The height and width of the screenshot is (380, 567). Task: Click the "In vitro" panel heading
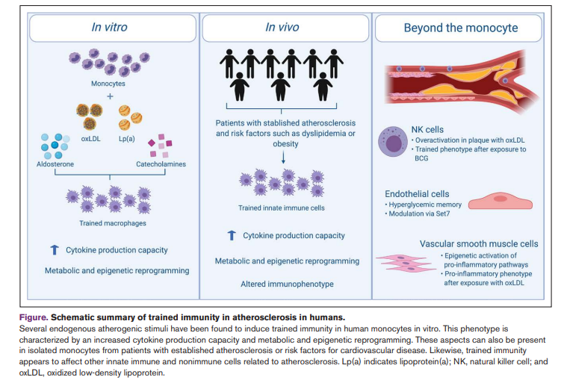coord(109,27)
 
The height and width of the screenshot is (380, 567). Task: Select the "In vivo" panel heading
coord(282,27)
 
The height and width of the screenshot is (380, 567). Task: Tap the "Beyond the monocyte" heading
coord(461,28)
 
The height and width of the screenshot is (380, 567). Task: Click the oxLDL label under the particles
coord(90,139)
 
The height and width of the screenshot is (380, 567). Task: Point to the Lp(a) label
coord(126,139)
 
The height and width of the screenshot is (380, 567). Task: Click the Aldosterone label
coord(55,164)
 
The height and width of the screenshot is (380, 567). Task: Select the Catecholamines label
coord(161,164)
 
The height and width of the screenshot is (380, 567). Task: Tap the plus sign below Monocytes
coord(110,96)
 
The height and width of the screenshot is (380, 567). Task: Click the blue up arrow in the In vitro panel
coord(55,249)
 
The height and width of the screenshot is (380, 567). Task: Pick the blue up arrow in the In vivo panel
coord(232,235)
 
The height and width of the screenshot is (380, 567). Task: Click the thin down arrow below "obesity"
coord(283,157)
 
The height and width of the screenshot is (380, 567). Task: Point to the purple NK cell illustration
coord(393,141)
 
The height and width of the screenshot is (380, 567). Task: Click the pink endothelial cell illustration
coord(501,201)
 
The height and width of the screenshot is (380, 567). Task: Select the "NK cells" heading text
coord(427,130)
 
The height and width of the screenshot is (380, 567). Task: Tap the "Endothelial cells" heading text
coord(417,194)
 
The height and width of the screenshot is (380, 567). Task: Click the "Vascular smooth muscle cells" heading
coord(479,244)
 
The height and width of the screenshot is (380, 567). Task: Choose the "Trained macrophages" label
coord(113,223)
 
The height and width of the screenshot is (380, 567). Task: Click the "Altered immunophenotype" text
coord(287,284)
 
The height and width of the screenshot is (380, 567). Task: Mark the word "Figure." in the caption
coord(34,317)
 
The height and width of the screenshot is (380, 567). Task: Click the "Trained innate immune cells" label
coord(282,208)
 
